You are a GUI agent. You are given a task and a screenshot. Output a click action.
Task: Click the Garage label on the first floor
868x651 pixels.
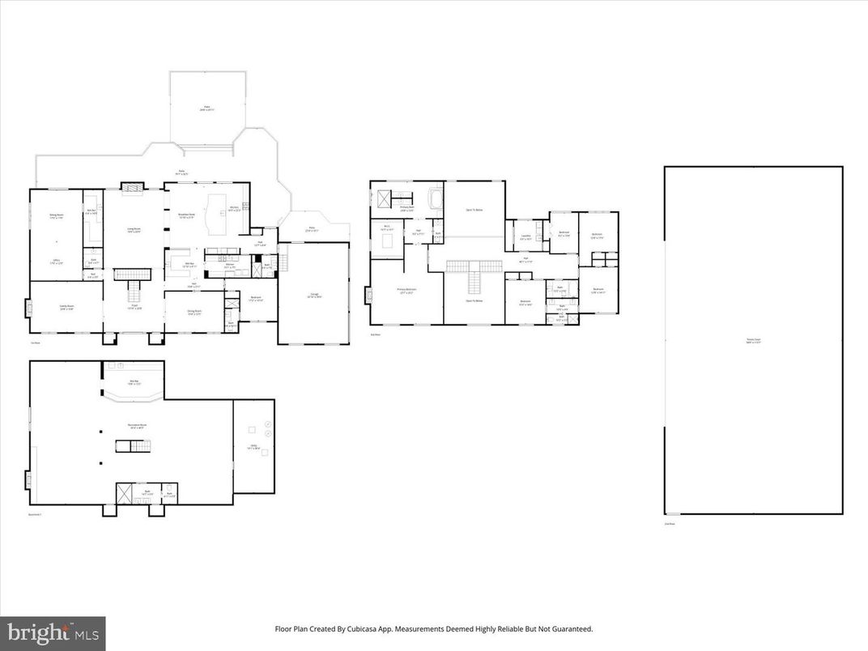[314, 296]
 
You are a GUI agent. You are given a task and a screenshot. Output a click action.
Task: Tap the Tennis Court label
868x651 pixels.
[753, 340]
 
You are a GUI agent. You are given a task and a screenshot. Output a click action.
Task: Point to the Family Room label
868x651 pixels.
[66, 308]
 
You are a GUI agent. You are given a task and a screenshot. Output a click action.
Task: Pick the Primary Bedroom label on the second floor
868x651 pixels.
[406, 291]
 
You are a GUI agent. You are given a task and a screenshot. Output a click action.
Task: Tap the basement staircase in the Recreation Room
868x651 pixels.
[133, 445]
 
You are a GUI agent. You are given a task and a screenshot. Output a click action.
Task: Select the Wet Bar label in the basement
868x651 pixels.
[135, 381]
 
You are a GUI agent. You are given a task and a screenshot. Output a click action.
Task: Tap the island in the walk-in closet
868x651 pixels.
[387, 240]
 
